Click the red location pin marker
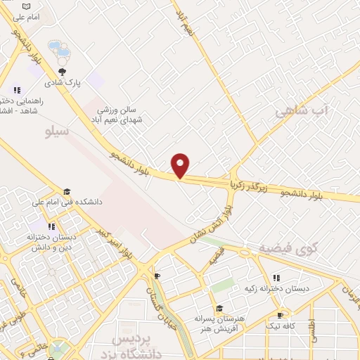(x=181, y=165)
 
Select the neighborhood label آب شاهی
(x=302, y=112)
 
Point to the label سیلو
(x=56, y=131)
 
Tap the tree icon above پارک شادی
(x=63, y=71)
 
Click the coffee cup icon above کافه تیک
(x=280, y=316)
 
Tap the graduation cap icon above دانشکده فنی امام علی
(x=67, y=191)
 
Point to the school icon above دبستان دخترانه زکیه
(x=276, y=278)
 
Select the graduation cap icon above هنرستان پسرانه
(x=219, y=308)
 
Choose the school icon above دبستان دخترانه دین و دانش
(x=51, y=226)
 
